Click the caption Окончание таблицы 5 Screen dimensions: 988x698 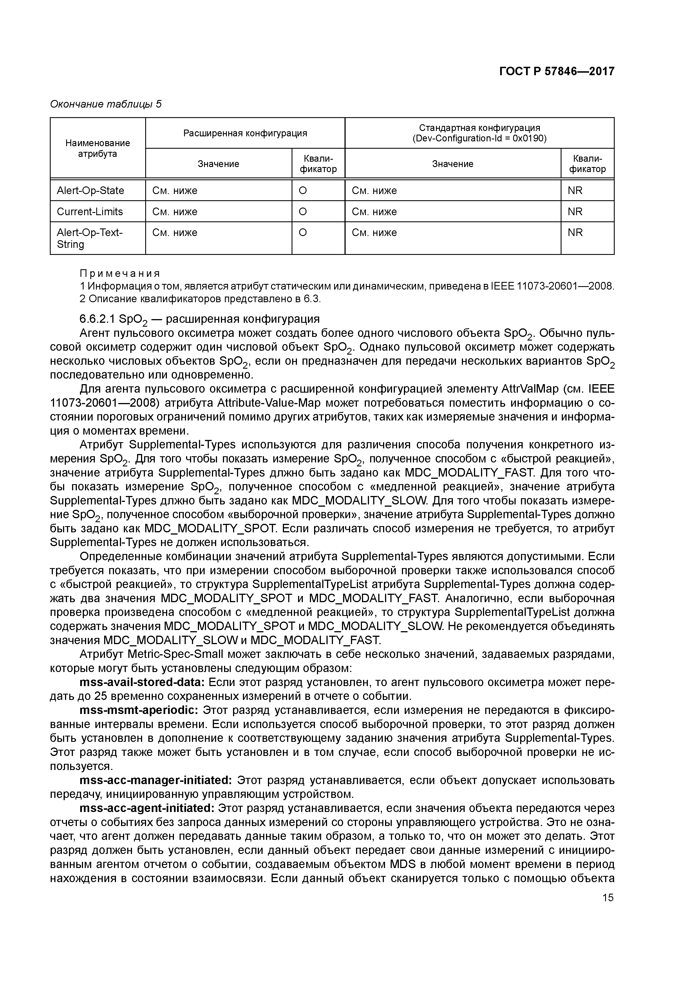point(106,104)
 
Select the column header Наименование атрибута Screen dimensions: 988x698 point(98,148)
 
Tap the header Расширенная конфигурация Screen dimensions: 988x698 point(245,133)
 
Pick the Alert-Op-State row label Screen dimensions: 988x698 point(90,191)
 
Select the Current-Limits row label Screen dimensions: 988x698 point(90,212)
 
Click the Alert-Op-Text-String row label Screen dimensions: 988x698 point(90,238)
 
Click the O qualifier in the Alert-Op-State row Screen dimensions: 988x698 point(303,191)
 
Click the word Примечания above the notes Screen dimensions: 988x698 point(120,274)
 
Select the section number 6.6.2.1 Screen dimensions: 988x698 point(97,319)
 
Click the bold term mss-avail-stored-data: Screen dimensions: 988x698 point(142,682)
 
